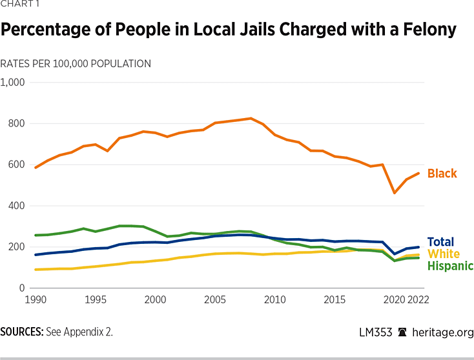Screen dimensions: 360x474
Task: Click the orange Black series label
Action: tap(442, 174)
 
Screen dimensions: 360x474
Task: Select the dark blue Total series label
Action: tap(440, 242)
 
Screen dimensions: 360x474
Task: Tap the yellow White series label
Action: tap(444, 254)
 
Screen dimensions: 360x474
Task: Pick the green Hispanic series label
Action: tap(450, 266)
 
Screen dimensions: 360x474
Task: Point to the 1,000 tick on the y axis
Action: tap(12, 83)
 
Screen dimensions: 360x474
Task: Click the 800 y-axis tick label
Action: tap(15, 123)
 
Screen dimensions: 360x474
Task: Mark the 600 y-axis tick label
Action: tap(15, 165)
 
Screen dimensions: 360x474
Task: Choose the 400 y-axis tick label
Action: tap(15, 206)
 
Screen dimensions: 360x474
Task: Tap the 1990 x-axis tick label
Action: tap(36, 299)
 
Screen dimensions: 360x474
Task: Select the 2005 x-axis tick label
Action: tap(215, 299)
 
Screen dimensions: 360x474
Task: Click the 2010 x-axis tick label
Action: tap(275, 299)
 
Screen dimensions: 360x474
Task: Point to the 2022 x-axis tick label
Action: tap(418, 299)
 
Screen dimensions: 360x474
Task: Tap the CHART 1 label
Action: tap(20, 6)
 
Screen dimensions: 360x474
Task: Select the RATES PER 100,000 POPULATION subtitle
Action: tap(76, 64)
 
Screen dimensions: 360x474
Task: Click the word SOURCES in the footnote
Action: tap(21, 332)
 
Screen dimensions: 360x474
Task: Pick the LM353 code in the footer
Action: tap(375, 332)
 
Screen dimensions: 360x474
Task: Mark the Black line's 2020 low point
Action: tap(395, 192)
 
